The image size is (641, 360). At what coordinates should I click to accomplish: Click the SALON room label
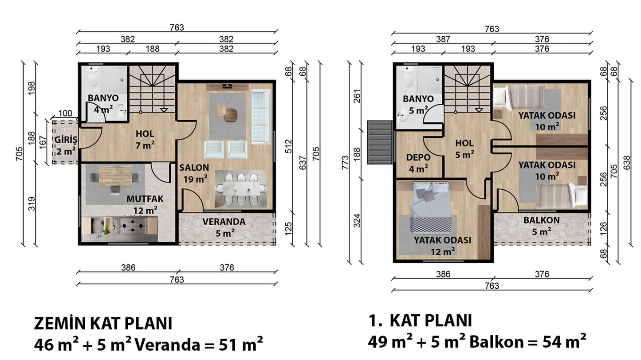point(194,168)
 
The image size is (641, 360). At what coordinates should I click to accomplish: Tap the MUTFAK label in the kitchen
point(145,199)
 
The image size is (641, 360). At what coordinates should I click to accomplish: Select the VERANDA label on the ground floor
point(224,222)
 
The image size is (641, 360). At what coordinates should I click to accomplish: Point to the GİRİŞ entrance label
point(66,140)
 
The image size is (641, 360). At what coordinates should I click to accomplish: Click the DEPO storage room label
point(418,157)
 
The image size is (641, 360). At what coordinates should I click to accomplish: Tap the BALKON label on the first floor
point(542,220)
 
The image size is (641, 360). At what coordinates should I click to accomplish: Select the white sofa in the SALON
point(261,116)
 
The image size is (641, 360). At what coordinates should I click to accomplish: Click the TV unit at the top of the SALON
point(228,86)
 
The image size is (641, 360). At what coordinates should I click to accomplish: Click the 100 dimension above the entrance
point(65,113)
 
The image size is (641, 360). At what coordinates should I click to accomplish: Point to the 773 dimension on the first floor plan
point(346,162)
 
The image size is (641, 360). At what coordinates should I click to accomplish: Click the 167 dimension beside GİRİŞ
point(42,142)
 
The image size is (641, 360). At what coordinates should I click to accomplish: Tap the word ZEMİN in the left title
point(60,324)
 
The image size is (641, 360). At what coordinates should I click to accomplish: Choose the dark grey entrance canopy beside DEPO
point(380,142)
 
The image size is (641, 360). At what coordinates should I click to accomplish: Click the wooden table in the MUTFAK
point(115,176)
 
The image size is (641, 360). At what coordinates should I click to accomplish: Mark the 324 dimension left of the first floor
point(357,221)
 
